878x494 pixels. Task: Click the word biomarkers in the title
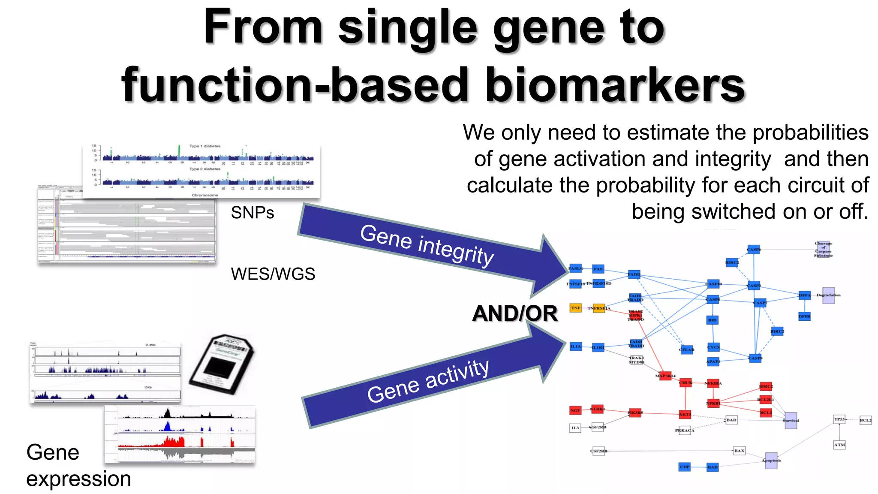(x=615, y=86)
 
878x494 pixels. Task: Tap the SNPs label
(x=252, y=213)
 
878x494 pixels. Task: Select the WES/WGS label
(x=273, y=274)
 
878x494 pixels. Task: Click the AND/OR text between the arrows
(x=514, y=313)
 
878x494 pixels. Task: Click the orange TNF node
(x=575, y=308)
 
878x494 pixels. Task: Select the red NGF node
(x=575, y=410)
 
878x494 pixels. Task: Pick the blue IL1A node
(x=575, y=346)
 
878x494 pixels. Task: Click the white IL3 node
(x=575, y=428)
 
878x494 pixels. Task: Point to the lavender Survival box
(x=790, y=420)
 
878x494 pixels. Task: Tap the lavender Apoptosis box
(x=771, y=461)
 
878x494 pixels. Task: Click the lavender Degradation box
(x=828, y=295)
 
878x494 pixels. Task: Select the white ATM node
(x=839, y=445)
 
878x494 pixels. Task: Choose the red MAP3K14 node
(x=665, y=376)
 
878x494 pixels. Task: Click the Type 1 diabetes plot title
(x=204, y=146)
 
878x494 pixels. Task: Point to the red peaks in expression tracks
(x=171, y=442)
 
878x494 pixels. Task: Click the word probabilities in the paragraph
(x=810, y=133)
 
